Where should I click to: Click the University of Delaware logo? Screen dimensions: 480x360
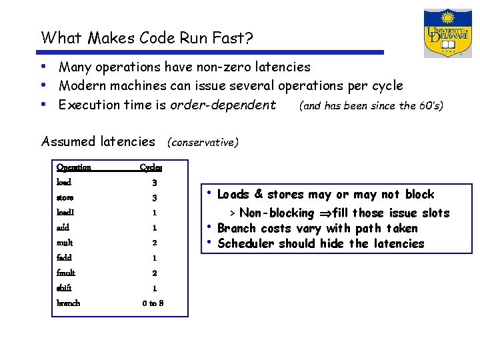coord(447,33)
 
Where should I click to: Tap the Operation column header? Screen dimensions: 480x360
coord(74,167)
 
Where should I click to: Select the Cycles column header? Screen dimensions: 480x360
coord(151,167)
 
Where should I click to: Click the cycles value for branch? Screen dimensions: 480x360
coord(153,303)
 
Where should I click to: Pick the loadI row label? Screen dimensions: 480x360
coord(65,213)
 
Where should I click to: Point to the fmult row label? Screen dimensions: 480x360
coord(67,273)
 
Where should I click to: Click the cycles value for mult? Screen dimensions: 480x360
coord(153,243)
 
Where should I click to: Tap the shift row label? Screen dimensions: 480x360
coord(65,288)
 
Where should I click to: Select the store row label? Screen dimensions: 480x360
coord(65,198)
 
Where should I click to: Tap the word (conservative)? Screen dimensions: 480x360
coord(203,142)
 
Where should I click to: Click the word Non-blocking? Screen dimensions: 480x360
coord(276,213)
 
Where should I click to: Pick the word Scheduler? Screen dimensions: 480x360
coord(245,243)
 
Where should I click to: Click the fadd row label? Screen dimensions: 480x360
coord(65,257)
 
